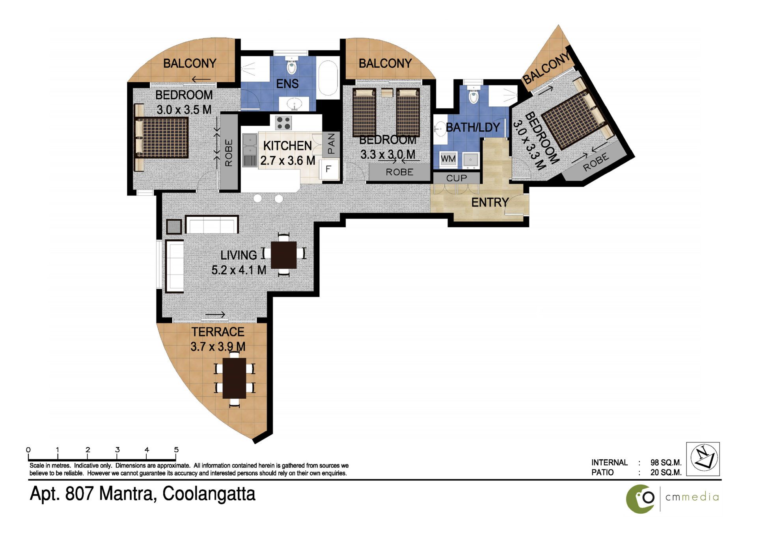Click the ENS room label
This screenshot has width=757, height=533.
(287, 84)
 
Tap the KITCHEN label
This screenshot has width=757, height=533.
(287, 146)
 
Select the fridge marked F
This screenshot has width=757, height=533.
(328, 169)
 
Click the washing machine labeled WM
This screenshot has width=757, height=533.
(448, 159)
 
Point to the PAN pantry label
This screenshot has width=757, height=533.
(331, 143)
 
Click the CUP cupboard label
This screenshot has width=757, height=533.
(456, 178)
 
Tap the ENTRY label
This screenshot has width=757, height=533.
(490, 202)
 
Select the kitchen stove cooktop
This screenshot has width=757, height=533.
(283, 123)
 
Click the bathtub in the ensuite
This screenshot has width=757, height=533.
(328, 78)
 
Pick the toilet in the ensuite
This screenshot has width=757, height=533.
(291, 65)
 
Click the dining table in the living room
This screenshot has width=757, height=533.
(284, 255)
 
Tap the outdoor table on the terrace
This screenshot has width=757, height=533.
(235, 378)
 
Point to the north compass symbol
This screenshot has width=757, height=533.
(703, 459)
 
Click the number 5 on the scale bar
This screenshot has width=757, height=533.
(176, 449)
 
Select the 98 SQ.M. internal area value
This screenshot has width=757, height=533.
(666, 462)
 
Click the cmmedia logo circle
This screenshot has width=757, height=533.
(640, 499)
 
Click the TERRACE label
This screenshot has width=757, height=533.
(218, 332)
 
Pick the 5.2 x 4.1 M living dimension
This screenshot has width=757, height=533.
(239, 270)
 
